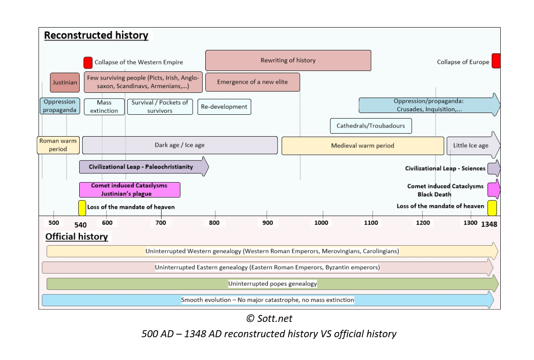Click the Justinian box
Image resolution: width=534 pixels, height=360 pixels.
65,82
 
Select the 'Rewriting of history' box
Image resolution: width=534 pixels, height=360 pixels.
288,60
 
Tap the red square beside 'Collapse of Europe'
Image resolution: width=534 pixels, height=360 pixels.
495,61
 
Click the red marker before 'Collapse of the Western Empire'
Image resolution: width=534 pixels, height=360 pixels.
88,62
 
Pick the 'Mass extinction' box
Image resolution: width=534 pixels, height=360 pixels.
104,107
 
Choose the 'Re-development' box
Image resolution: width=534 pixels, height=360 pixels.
224,107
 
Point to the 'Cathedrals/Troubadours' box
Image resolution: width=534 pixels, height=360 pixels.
371,126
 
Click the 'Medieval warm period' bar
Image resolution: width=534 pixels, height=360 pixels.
362,146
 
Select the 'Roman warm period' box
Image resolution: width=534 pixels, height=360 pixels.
58,145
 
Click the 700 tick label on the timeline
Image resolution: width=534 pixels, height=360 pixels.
162,223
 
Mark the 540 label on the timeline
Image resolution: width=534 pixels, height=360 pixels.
81,225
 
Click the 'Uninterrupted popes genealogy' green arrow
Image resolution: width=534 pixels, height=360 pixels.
272,284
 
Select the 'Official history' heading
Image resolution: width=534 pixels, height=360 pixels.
77,237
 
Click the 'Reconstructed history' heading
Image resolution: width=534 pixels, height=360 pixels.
96,35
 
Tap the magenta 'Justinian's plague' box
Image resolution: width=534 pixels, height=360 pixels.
130,190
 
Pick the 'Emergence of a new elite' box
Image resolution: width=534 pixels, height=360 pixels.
253,82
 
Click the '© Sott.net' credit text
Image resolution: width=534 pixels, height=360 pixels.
268,318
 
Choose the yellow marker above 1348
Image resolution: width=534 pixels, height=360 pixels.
492,208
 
